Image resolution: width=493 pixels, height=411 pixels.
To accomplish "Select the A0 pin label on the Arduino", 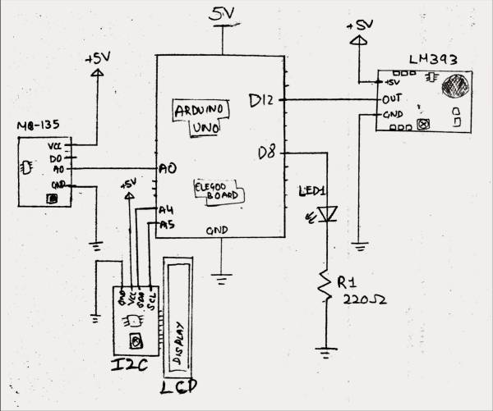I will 168,168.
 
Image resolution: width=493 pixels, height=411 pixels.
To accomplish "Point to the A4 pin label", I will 167,211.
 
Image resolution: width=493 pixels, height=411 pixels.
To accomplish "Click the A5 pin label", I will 167,225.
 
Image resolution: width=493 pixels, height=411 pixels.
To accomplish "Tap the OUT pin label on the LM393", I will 392,100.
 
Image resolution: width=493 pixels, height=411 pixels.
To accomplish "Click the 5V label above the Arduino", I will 222,15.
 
